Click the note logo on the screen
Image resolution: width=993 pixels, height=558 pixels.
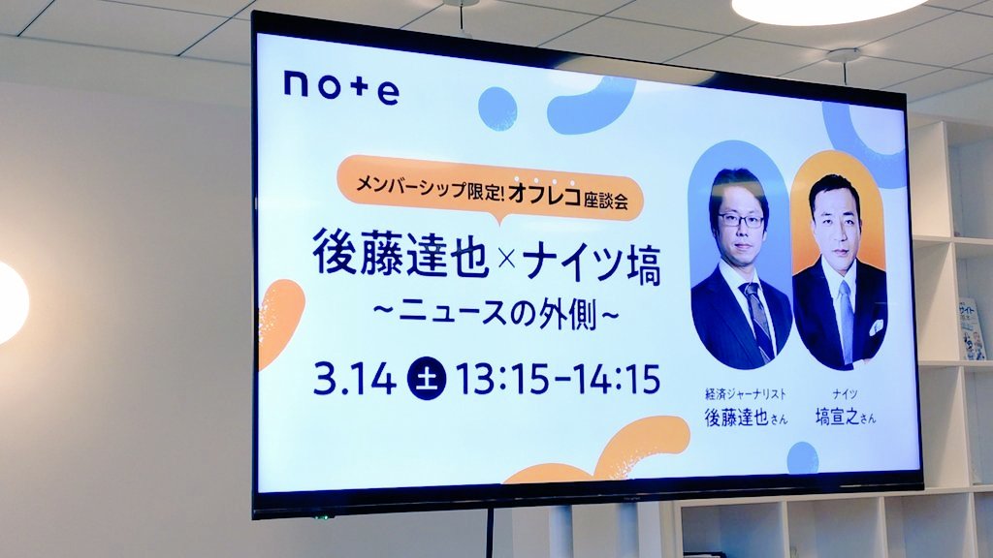[x=340, y=88]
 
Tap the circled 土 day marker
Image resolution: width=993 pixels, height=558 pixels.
[x=427, y=380]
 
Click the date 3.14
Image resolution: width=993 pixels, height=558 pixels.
[x=355, y=380]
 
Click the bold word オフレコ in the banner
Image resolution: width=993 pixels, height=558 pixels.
[x=544, y=196]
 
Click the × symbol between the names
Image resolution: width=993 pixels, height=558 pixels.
[x=506, y=258]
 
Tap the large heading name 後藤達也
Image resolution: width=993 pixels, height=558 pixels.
[x=400, y=253]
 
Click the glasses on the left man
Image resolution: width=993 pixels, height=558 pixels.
[x=740, y=220]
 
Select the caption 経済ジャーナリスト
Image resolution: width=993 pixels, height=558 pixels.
[x=746, y=394]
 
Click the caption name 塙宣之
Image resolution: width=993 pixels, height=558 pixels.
[x=837, y=417]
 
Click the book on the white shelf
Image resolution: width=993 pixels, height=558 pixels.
[x=972, y=329]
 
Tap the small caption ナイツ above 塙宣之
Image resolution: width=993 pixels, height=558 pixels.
[x=845, y=395]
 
